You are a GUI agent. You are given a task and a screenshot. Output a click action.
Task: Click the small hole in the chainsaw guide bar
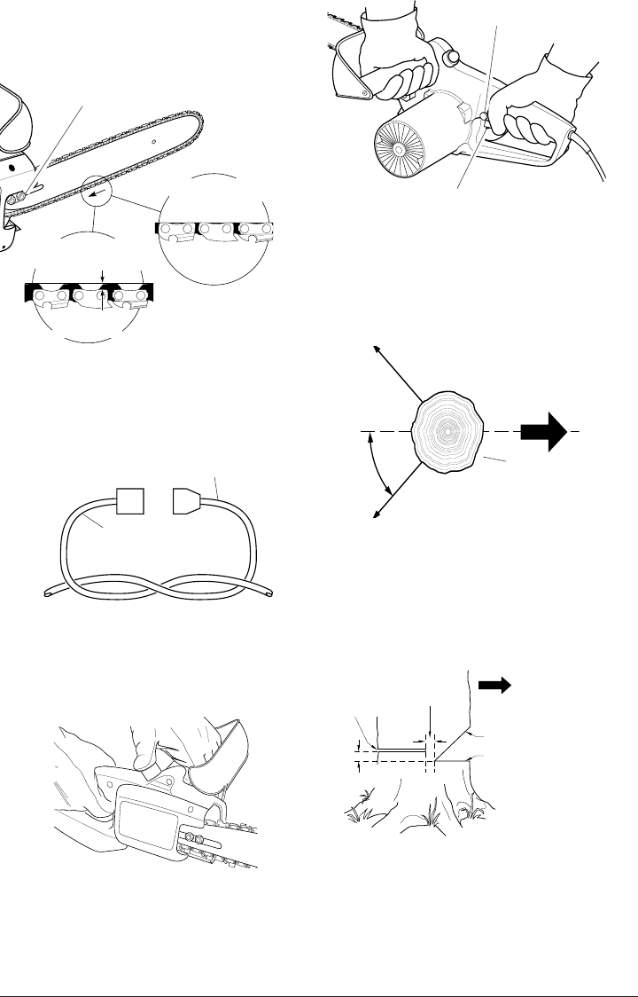coord(152,141)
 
